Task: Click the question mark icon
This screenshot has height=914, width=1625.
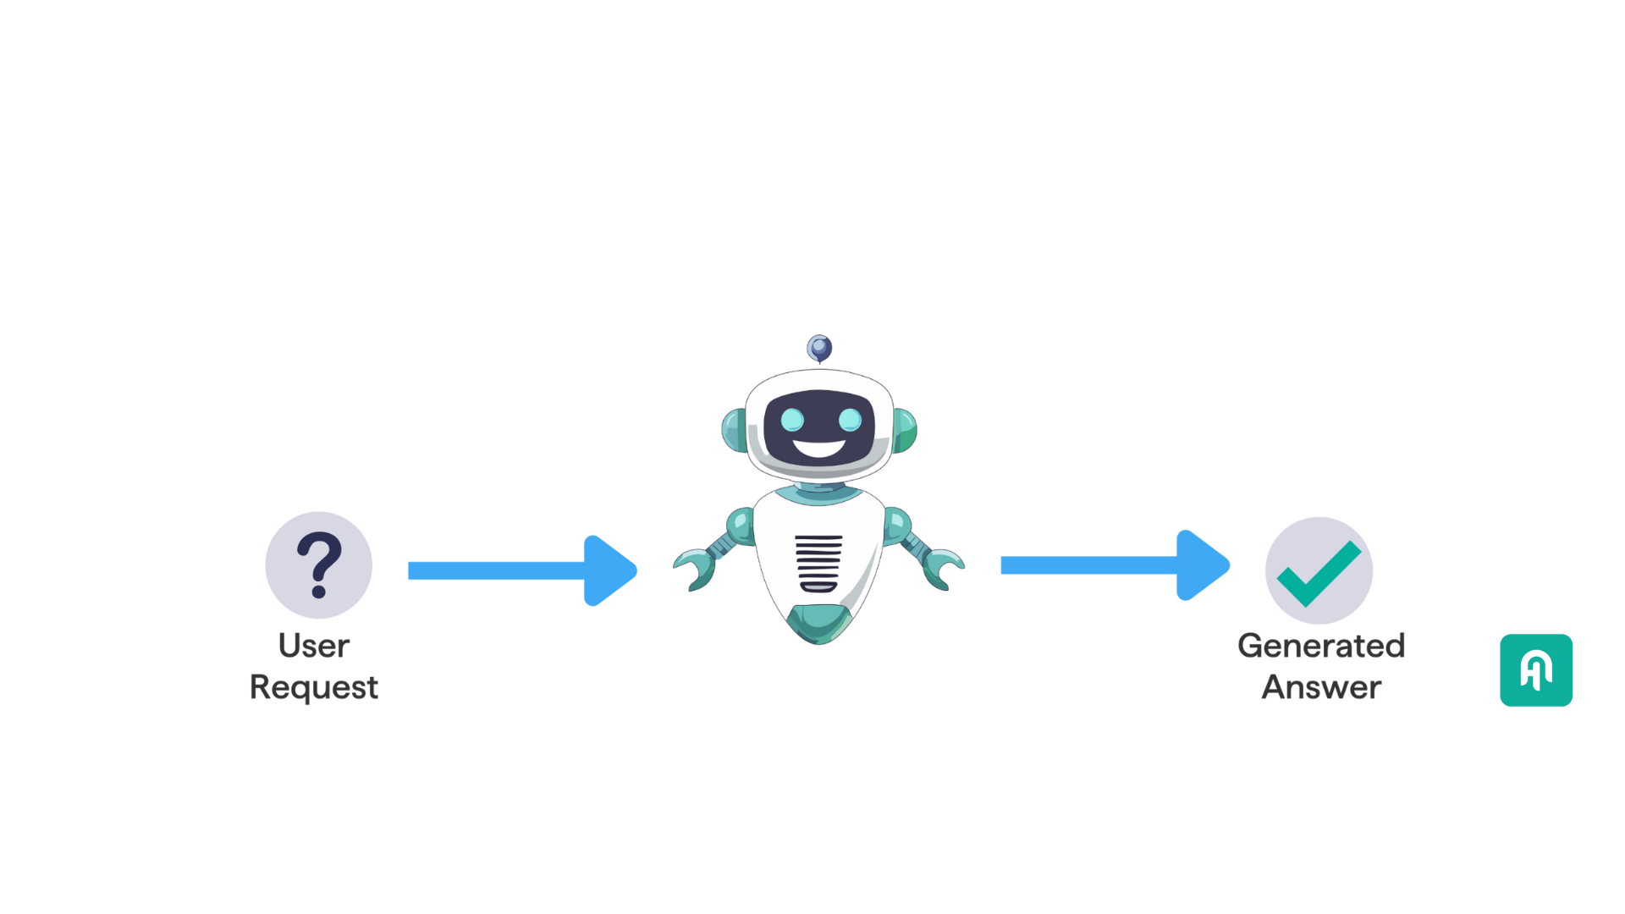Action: pyautogui.click(x=318, y=564)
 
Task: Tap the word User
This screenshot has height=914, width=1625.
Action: pyautogui.click(x=314, y=646)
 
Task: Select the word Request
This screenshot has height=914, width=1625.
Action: pyautogui.click(x=314, y=688)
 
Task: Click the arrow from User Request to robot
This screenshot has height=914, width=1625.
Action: pyautogui.click(x=522, y=570)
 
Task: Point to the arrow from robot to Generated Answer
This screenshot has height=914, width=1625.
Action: pyautogui.click(x=1115, y=565)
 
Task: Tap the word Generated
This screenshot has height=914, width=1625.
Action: pyautogui.click(x=1321, y=646)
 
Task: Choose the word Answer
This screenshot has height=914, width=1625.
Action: pyautogui.click(x=1321, y=687)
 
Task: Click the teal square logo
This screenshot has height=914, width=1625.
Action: pyautogui.click(x=1536, y=670)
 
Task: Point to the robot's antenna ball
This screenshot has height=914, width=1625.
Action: pyautogui.click(x=819, y=348)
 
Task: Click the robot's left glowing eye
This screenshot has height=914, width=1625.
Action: pyautogui.click(x=792, y=420)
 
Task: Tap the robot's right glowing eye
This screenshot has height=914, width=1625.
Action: pyautogui.click(x=850, y=420)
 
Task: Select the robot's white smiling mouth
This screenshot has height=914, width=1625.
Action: pyautogui.click(x=819, y=448)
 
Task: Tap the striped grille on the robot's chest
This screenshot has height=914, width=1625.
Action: pyautogui.click(x=818, y=563)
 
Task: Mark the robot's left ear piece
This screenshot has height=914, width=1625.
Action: pyautogui.click(x=734, y=430)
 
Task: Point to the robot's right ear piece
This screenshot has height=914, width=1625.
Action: pyautogui.click(x=905, y=430)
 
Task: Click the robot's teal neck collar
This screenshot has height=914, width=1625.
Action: pyautogui.click(x=818, y=493)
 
